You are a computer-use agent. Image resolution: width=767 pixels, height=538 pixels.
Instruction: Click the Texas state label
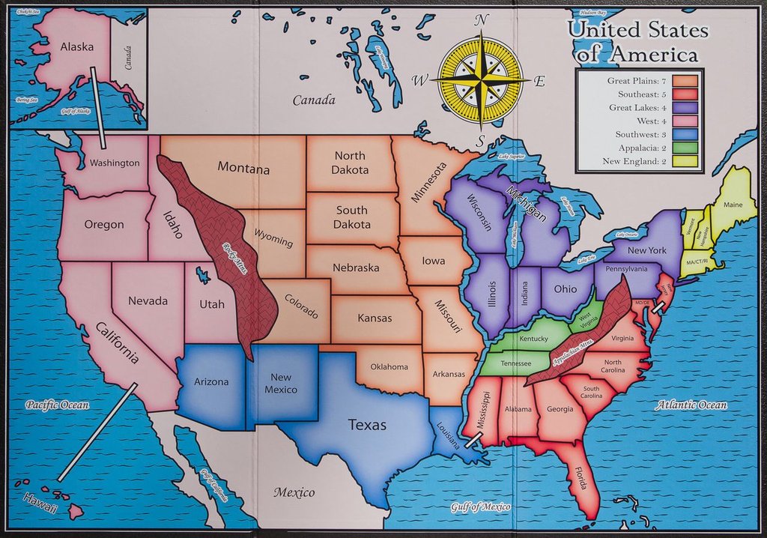(367, 426)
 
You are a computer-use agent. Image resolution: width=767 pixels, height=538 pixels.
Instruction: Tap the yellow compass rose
(480, 79)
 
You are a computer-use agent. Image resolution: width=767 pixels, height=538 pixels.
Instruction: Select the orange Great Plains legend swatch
(685, 80)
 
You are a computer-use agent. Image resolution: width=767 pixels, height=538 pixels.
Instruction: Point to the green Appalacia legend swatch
(685, 148)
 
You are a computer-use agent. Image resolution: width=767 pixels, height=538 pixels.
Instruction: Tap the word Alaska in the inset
(77, 46)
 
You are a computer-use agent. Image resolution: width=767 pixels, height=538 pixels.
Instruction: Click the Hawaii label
(40, 503)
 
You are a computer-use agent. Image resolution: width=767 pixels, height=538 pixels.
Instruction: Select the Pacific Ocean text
(57, 405)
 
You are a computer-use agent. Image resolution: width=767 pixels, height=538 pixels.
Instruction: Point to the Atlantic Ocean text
(691, 405)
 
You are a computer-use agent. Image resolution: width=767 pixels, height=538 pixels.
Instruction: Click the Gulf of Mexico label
(481, 508)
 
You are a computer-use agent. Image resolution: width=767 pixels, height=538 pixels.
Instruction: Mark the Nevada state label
(148, 300)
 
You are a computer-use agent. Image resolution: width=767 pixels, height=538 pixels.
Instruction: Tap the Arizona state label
(211, 381)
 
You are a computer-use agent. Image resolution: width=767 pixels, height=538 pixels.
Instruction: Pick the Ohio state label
(565, 288)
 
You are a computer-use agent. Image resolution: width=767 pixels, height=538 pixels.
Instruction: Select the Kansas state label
(375, 318)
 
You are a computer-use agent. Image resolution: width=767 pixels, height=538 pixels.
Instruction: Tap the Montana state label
(243, 169)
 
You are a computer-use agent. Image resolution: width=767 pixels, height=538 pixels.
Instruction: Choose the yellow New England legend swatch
(685, 161)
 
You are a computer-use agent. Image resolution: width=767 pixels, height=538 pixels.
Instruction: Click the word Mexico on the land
(294, 492)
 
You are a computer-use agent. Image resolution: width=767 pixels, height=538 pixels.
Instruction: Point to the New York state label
(646, 250)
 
